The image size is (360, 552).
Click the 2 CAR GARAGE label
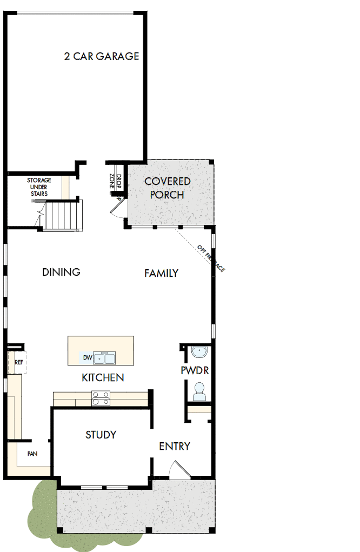(102, 56)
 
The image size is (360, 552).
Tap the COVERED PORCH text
(167, 188)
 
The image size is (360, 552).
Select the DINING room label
(61, 272)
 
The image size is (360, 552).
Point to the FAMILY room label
(161, 273)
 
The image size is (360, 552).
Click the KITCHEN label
(103, 377)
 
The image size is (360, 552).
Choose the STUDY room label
(101, 435)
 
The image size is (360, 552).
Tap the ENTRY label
(175, 446)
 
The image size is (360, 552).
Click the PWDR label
(195, 371)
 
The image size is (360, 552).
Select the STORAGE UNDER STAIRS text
(39, 187)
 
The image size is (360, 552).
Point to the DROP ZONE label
(115, 183)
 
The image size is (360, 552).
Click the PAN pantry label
(32, 454)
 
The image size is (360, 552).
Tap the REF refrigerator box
(18, 362)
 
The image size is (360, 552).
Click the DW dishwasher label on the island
(86, 357)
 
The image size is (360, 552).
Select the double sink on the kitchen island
(104, 358)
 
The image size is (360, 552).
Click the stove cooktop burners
(101, 398)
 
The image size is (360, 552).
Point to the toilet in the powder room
(198, 391)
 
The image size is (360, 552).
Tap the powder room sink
(199, 352)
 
